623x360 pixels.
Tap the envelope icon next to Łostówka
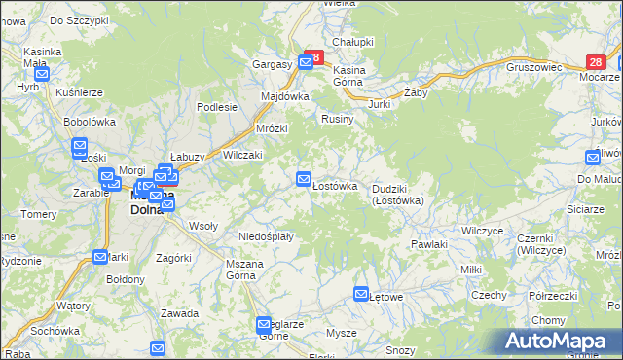(x=304, y=179)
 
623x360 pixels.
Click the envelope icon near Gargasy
(x=307, y=62)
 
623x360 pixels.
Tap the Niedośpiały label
(x=266, y=235)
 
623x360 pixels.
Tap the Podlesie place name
(x=217, y=107)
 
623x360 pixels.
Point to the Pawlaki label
(x=428, y=244)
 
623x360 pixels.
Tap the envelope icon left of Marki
(x=101, y=257)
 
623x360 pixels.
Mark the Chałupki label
(x=353, y=42)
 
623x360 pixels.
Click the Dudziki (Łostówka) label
(x=396, y=195)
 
